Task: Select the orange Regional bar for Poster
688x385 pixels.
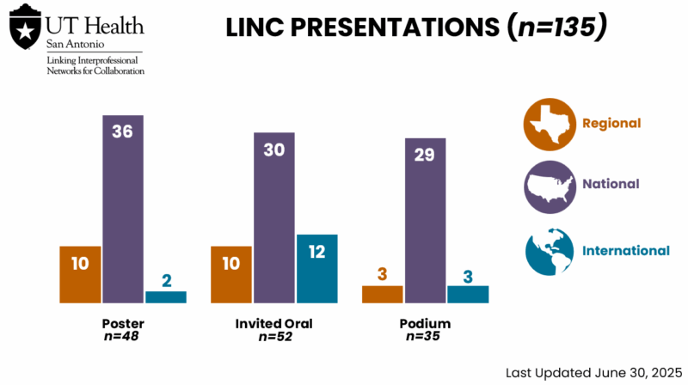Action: pyautogui.click(x=80, y=274)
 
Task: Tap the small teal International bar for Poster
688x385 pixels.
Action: pyautogui.click(x=166, y=296)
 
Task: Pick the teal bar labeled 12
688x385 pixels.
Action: pyautogui.click(x=316, y=268)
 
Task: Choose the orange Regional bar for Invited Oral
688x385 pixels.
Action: pyautogui.click(x=231, y=274)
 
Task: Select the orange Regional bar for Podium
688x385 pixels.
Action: pyautogui.click(x=382, y=294)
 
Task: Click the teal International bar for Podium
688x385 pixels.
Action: pyautogui.click(x=468, y=294)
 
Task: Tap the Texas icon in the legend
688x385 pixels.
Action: pyautogui.click(x=549, y=123)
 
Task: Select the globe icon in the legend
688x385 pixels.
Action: pyautogui.click(x=549, y=251)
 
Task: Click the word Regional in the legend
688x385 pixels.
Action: pyautogui.click(x=611, y=123)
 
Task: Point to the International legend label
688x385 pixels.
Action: pyautogui.click(x=625, y=251)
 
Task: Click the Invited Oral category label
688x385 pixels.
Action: pyautogui.click(x=274, y=324)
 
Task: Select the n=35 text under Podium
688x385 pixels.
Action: pyautogui.click(x=425, y=336)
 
